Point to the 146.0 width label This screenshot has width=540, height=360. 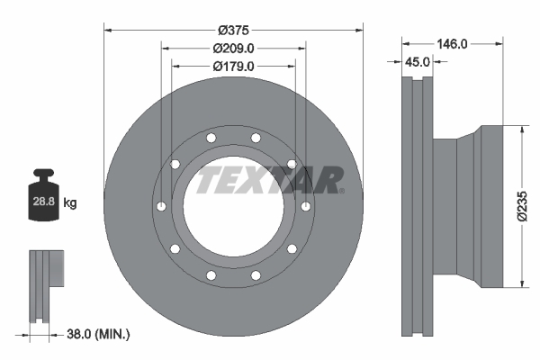[x=451, y=42]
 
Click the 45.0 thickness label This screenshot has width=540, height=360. [x=415, y=62]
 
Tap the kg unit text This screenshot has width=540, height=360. [x=70, y=204]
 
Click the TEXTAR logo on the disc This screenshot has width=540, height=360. [x=270, y=179]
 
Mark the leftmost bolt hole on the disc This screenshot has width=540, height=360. [x=159, y=206]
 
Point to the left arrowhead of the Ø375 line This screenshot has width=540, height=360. [x=107, y=27]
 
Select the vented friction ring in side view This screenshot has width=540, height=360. [x=416, y=207]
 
